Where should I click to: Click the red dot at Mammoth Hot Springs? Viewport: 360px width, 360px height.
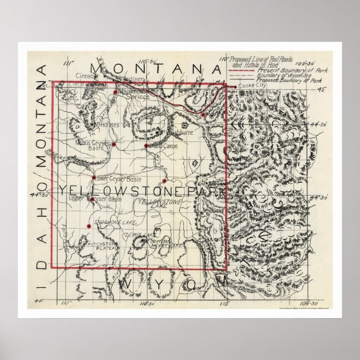tap(115, 92)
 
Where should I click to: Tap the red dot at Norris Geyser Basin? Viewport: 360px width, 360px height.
tap(113, 144)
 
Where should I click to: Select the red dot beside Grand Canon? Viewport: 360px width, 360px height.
tap(146, 145)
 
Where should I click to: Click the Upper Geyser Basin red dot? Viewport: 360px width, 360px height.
tap(91, 198)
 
